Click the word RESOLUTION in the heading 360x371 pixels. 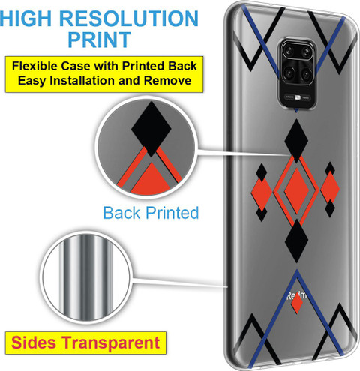click(129, 19)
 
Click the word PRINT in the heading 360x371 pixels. click(99, 40)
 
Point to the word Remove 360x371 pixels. click(167, 81)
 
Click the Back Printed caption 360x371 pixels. click(151, 213)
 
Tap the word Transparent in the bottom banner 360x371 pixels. click(111, 343)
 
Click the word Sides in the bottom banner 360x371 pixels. click(34, 343)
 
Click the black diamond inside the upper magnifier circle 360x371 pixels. click(151, 129)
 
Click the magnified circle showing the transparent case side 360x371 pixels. click(85, 277)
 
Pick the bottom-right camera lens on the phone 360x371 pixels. click(306, 74)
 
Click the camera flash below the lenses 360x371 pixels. click(297, 97)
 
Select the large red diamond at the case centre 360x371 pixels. click(297, 191)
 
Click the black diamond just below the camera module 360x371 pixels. click(296, 141)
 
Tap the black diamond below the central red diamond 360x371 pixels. click(297, 241)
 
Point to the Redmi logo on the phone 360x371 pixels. click(297, 296)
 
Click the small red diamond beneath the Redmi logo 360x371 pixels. click(297, 304)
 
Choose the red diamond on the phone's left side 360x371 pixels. click(262, 194)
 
